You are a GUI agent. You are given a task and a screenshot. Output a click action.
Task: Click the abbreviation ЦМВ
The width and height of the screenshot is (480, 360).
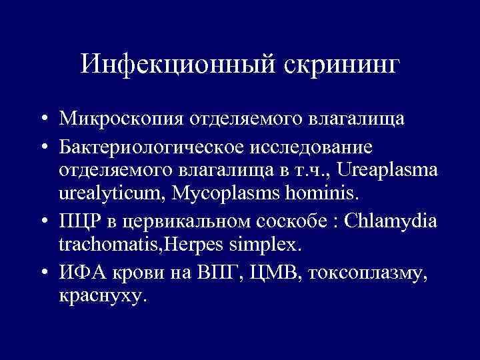click(x=259, y=271)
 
